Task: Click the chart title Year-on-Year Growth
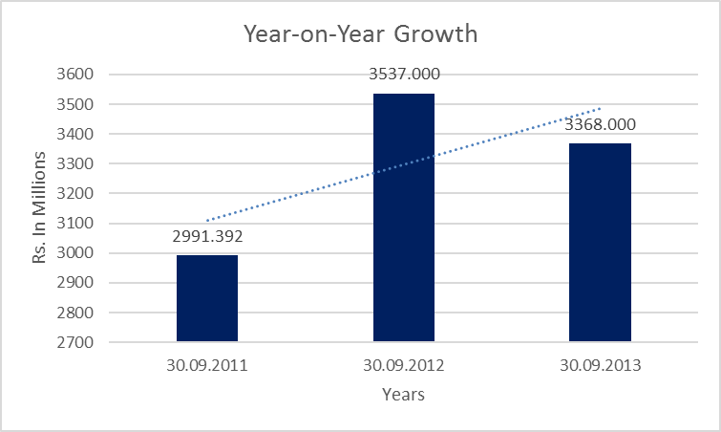[x=360, y=35]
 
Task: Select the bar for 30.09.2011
[x=207, y=298]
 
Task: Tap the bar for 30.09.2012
[x=404, y=217]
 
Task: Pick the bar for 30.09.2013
[x=600, y=242]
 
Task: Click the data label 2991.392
[x=207, y=237]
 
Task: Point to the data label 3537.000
[x=404, y=75]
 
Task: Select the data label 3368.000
[x=600, y=124]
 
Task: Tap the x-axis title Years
[x=403, y=394]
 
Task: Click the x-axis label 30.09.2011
[x=207, y=364]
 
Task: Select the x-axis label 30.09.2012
[x=404, y=364]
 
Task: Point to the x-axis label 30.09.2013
[x=600, y=364]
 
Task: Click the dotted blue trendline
[x=306, y=186]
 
